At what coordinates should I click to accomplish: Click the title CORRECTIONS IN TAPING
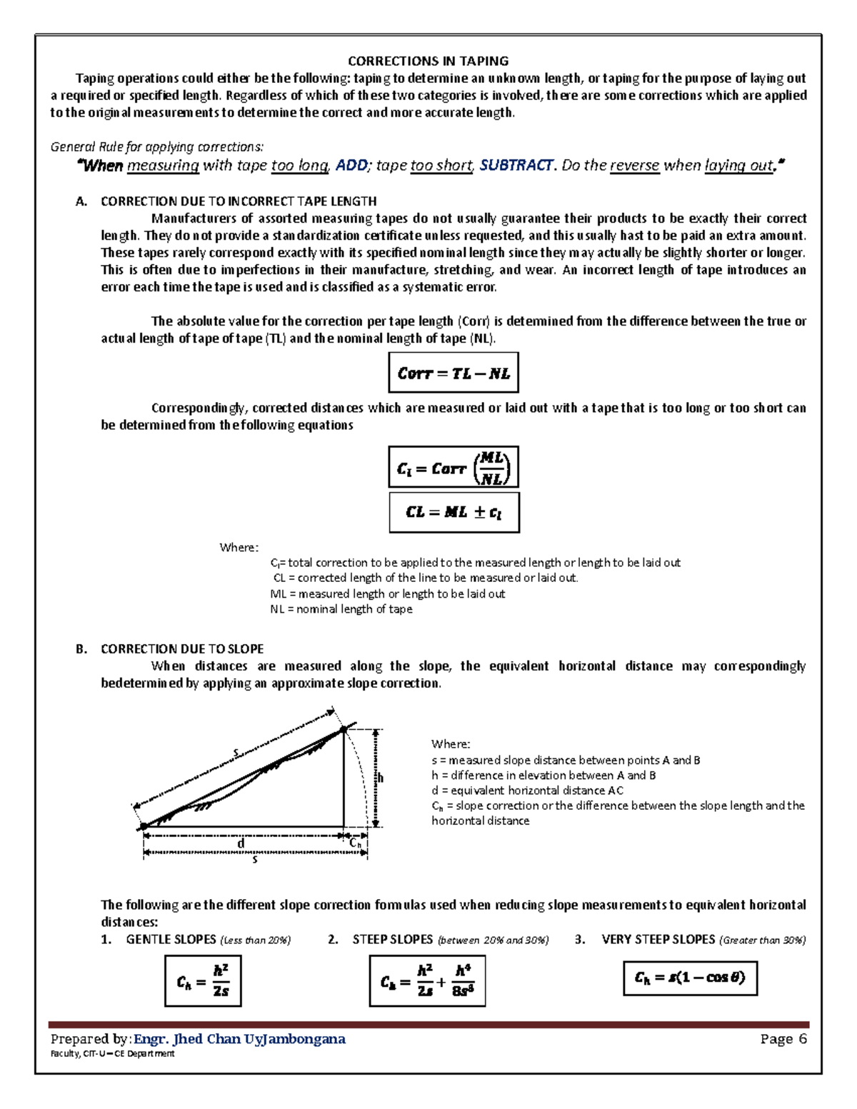428,61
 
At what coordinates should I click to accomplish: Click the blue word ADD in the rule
352,166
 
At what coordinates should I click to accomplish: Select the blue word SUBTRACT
516,166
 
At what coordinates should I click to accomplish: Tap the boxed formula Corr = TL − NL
453,373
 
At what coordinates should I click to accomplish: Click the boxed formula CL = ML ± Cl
453,512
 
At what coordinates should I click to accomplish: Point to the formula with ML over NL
453,468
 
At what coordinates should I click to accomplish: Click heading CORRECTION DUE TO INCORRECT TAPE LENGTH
239,201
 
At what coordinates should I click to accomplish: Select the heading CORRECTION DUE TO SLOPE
182,649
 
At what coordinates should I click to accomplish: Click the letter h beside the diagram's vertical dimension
381,778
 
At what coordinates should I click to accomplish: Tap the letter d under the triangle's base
241,843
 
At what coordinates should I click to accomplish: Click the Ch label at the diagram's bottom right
356,843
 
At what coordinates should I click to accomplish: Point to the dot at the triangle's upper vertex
344,729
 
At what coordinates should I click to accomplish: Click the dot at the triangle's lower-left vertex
144,826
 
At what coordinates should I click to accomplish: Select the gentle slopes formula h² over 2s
203,981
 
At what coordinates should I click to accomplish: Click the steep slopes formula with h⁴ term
427,981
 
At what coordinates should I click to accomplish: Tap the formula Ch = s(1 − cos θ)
690,978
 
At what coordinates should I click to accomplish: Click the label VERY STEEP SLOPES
658,940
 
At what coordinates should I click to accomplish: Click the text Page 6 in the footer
783,1039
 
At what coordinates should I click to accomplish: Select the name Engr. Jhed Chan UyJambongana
240,1039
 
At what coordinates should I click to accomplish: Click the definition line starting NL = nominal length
341,609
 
